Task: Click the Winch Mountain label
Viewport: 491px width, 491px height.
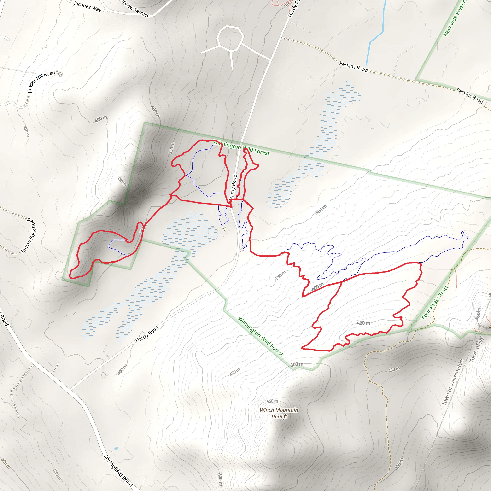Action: point(279,410)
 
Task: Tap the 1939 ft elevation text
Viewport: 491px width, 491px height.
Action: point(279,416)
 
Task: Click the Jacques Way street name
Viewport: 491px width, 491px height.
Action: point(88,6)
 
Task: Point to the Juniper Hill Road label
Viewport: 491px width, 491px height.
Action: point(41,82)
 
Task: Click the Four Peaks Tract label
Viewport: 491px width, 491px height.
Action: point(435,302)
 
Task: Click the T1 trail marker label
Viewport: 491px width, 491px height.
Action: point(225,229)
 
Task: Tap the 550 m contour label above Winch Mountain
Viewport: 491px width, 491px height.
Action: point(272,401)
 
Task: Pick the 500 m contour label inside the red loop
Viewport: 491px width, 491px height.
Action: point(363,323)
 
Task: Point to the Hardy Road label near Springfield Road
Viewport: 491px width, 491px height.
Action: point(147,334)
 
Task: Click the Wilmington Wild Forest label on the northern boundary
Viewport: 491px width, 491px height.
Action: point(241,148)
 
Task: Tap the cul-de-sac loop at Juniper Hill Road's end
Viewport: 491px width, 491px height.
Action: point(60,74)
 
